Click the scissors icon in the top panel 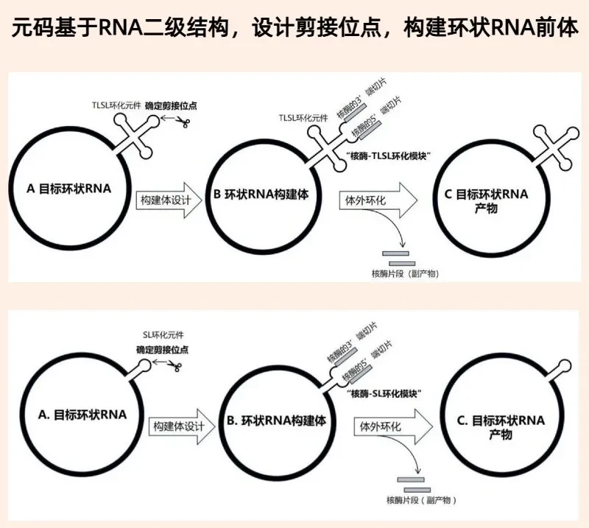point(183,122)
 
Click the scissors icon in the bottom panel point(174,366)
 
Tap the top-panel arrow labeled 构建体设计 point(169,200)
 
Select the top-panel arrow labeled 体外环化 point(378,200)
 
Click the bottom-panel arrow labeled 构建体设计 point(182,426)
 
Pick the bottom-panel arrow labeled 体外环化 point(393,426)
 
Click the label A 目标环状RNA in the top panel point(69,189)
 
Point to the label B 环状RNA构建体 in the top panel point(261,194)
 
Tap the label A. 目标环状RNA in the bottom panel point(82,415)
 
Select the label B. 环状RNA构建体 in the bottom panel point(276,420)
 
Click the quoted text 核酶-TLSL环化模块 point(388,156)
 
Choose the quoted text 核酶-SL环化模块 point(384,394)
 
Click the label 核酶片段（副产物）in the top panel point(406,274)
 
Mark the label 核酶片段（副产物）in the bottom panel point(421,500)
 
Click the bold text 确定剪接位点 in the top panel point(171,106)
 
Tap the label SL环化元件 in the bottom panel point(163,335)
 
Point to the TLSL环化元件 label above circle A point(116,105)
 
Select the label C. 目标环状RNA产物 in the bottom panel point(501,427)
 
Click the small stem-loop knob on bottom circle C point(564,366)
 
